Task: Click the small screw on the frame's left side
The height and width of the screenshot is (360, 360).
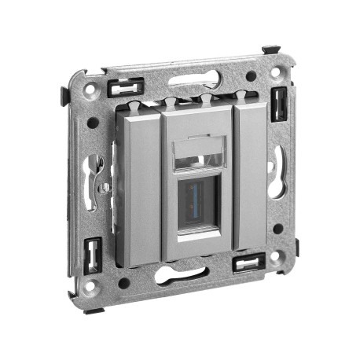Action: pos(103,188)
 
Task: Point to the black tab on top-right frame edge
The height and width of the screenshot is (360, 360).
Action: pos(269,50)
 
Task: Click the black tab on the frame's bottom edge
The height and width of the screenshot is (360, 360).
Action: pos(94,310)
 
